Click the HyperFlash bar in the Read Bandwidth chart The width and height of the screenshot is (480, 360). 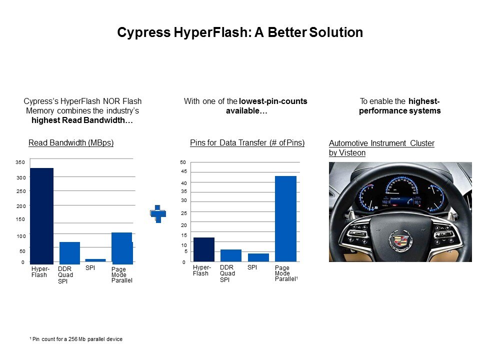[x=42, y=216]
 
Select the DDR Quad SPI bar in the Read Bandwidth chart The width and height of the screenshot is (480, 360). [x=70, y=253]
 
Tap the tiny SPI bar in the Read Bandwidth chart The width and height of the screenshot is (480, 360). [x=95, y=260]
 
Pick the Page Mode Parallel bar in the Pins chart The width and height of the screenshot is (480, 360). [x=285, y=218]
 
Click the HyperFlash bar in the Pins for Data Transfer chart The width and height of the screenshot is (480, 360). [x=204, y=249]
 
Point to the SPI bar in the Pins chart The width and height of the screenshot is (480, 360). [x=258, y=257]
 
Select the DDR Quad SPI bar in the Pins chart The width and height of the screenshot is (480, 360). [x=231, y=255]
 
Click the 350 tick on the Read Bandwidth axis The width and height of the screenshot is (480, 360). [x=20, y=162]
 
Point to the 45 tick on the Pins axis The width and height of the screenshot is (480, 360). [x=183, y=171]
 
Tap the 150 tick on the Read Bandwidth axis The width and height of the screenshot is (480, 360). [x=20, y=219]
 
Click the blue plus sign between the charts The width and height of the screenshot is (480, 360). [x=158, y=213]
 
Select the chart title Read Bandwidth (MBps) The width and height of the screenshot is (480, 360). [x=71, y=142]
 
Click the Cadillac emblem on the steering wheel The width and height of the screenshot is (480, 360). [x=400, y=240]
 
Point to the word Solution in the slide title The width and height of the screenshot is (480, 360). [x=336, y=32]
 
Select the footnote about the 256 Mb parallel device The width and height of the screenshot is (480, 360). [x=76, y=339]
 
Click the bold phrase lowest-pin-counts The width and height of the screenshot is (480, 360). [x=273, y=101]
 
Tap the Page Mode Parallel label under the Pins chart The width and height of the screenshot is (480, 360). [x=286, y=273]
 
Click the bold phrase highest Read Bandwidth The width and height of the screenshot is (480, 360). [x=82, y=120]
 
